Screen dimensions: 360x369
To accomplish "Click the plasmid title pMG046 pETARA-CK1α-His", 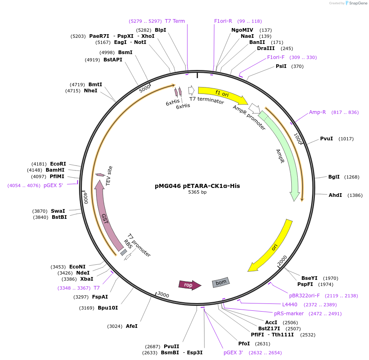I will click(x=197, y=186).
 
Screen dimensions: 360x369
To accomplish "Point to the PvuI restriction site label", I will click(x=326, y=139).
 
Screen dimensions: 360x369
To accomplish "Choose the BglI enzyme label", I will click(x=334, y=177).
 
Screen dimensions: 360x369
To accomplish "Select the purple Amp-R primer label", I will click(x=317, y=112).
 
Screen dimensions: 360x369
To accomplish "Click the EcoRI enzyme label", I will click(x=58, y=164).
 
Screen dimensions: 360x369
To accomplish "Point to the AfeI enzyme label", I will click(x=132, y=326).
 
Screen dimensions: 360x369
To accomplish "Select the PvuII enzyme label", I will click(x=171, y=346).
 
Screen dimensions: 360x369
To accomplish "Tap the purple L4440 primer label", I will click(x=290, y=305).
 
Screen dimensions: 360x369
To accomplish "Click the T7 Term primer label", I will click(x=175, y=21).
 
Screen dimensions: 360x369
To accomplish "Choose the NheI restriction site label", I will click(x=90, y=91).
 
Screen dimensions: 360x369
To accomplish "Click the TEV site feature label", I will click(x=109, y=176).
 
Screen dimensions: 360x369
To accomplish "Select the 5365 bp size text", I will click(x=197, y=192).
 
